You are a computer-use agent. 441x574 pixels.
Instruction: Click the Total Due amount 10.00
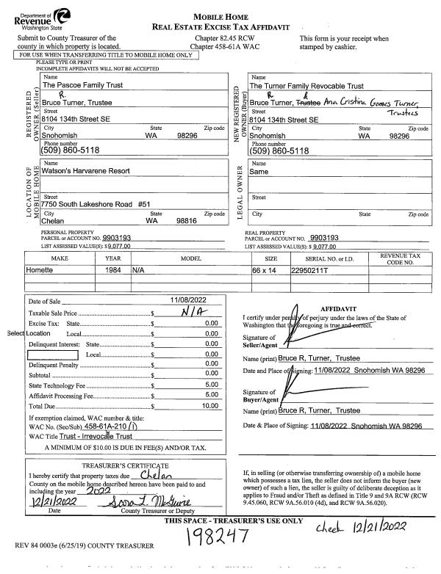pyautogui.click(x=211, y=405)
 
